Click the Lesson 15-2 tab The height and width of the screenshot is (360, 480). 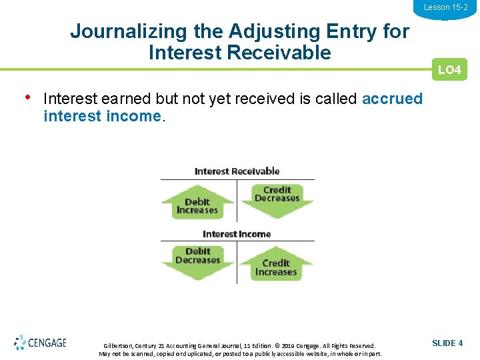click(445, 7)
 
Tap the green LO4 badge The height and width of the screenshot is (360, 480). click(449, 70)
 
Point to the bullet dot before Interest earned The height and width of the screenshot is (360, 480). click(27, 97)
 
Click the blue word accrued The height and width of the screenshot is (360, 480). click(392, 99)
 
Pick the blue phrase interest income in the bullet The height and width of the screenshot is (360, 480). click(102, 116)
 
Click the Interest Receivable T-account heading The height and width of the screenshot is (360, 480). click(237, 171)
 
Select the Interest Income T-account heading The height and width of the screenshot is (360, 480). click(237, 234)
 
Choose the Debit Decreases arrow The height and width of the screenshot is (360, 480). click(197, 259)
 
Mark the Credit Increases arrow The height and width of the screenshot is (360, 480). click(276, 265)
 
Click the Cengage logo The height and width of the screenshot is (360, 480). click(40, 343)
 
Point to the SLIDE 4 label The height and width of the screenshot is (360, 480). click(447, 343)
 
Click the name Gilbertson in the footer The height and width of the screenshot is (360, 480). click(118, 346)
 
